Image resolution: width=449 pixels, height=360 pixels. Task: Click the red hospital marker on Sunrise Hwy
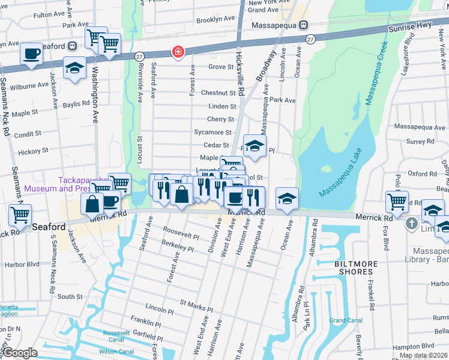(178, 52)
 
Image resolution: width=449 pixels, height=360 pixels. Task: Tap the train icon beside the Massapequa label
(304, 25)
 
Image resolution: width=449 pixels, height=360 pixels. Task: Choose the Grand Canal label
(345, 320)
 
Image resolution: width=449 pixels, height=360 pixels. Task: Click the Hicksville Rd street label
(241, 74)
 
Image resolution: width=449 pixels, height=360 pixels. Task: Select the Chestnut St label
(218, 93)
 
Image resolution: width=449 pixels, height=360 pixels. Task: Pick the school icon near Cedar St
(255, 146)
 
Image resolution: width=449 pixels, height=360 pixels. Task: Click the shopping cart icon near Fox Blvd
(397, 202)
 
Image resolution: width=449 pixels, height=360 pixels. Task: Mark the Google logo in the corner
(20, 353)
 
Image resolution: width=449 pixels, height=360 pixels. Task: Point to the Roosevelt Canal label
(121, 335)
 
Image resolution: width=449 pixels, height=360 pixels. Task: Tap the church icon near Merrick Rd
(411, 224)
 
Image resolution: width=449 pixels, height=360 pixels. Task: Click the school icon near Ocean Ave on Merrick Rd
(288, 199)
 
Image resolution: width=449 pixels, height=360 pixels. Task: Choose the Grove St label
(220, 67)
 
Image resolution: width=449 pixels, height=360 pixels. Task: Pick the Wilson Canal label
(116, 352)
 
